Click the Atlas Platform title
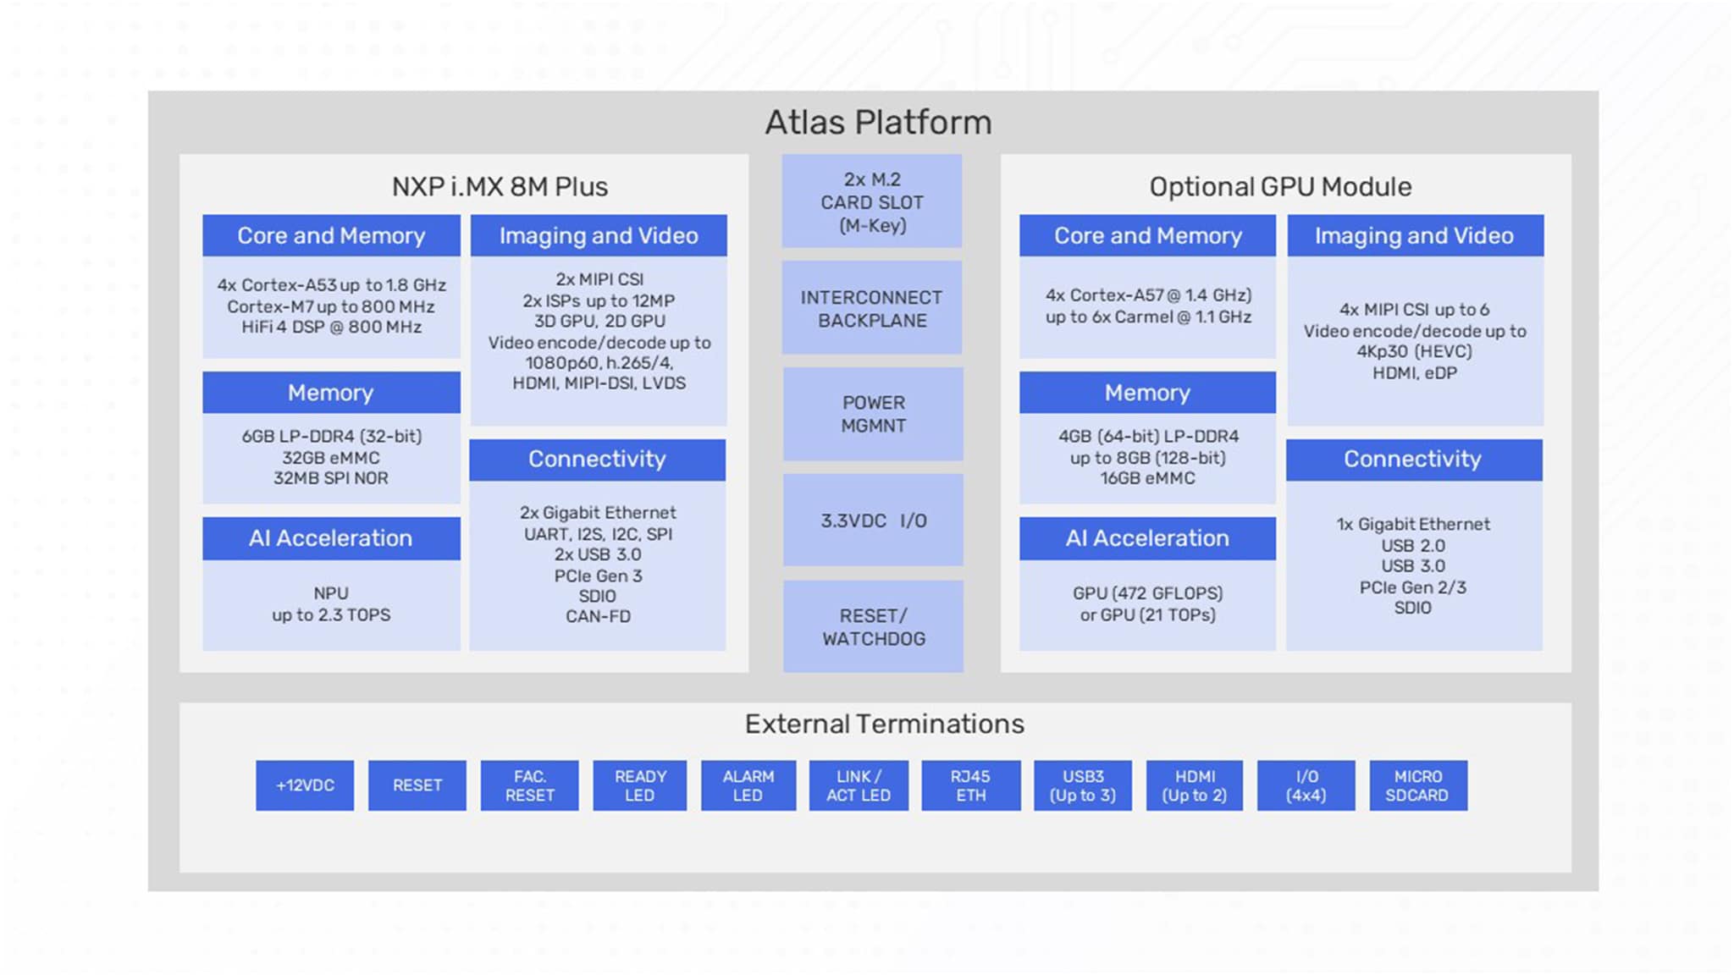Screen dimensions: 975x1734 [x=878, y=123]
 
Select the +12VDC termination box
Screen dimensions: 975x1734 [x=305, y=785]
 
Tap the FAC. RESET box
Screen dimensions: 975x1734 [x=529, y=785]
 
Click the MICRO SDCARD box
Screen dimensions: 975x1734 [x=1417, y=785]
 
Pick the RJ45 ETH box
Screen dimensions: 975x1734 [x=970, y=785]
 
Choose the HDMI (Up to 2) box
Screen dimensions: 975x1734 [x=1194, y=785]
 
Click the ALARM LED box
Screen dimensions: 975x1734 [x=748, y=785]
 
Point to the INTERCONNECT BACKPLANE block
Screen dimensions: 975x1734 [x=871, y=308]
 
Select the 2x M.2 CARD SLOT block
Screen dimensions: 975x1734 [x=871, y=201]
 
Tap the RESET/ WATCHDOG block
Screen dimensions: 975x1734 [x=873, y=626]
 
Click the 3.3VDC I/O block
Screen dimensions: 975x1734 [x=873, y=521]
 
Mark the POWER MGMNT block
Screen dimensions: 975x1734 [x=873, y=414]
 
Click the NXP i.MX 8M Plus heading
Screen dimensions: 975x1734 [x=500, y=186]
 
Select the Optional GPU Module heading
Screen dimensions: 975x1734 [x=1279, y=186]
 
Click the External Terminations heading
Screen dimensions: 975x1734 [x=884, y=724]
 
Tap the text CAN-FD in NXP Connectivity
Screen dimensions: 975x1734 [x=598, y=617]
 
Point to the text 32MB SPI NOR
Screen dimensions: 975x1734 [x=330, y=478]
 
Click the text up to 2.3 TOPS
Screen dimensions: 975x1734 [x=330, y=615]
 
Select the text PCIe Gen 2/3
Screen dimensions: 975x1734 [x=1412, y=587]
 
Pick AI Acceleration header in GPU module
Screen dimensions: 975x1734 [x=1146, y=538]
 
